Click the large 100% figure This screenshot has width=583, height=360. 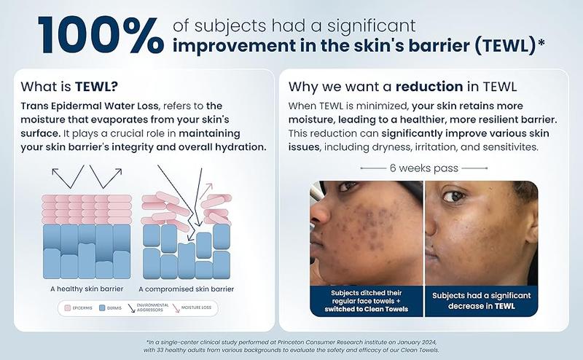point(101,35)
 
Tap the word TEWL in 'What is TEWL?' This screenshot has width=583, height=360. point(96,86)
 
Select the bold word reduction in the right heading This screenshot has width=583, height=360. point(429,86)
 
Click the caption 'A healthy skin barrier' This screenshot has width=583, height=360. point(87,289)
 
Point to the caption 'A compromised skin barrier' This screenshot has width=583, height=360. point(186,289)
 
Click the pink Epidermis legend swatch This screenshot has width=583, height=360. point(67,308)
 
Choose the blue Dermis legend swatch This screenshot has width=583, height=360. point(102,308)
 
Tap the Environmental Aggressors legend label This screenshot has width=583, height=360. point(152,308)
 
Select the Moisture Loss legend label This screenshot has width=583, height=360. point(196,308)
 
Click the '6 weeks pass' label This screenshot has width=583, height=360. point(424,168)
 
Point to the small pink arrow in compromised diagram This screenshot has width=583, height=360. point(206,191)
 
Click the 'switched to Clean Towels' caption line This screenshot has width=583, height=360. point(367,309)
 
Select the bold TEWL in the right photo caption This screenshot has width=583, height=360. point(504,306)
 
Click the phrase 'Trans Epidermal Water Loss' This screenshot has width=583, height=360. point(90,106)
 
